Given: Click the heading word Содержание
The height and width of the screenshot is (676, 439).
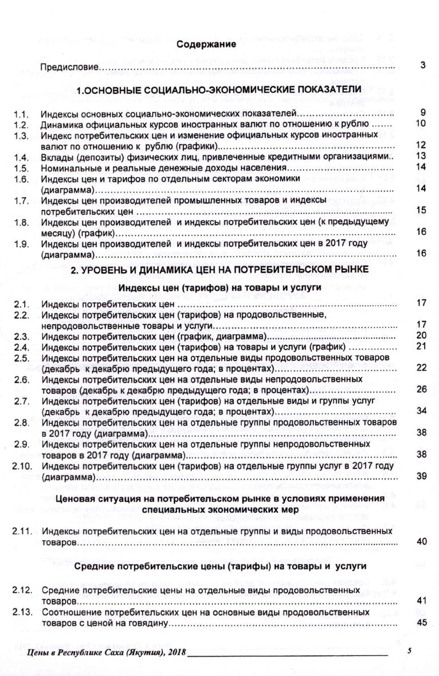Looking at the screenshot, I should pyautogui.click(x=206, y=45).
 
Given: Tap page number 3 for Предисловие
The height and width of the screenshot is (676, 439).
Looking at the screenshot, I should pyautogui.click(x=422, y=66).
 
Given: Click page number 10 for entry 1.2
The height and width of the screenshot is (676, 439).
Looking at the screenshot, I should pyautogui.click(x=421, y=123).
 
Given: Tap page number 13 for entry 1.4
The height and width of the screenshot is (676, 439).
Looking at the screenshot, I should pyautogui.click(x=421, y=156).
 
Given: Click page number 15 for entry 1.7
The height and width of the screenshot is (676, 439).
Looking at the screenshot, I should pyautogui.click(x=421, y=210).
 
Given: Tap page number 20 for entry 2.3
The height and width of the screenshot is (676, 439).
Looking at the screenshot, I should pyautogui.click(x=421, y=335).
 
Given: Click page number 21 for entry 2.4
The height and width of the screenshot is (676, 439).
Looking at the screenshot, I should pyautogui.click(x=421, y=346).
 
